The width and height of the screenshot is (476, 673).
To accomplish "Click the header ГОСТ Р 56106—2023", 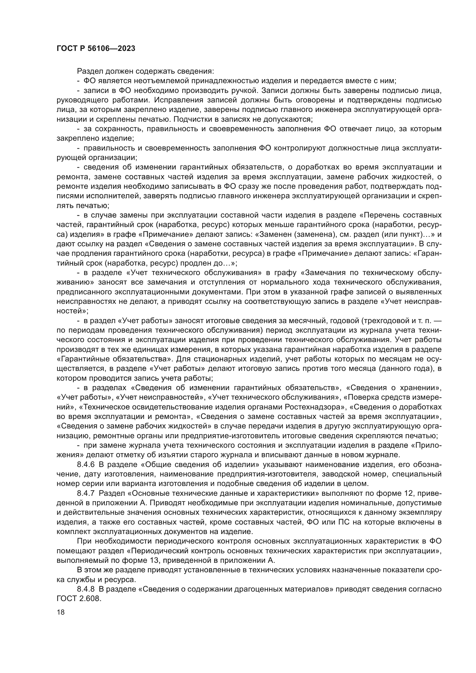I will (x=96, y=49).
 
